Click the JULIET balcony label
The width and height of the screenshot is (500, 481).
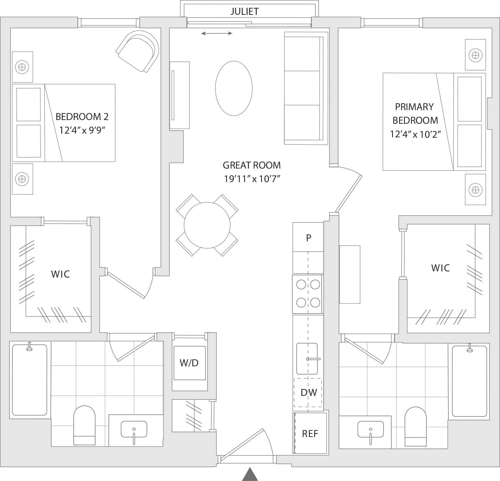pos(244,12)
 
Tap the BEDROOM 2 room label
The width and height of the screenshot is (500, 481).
pos(82,117)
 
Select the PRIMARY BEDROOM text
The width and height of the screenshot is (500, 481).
pos(415,113)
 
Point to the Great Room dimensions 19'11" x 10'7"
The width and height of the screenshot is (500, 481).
pos(252,179)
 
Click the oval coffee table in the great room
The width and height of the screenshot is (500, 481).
pos(234,88)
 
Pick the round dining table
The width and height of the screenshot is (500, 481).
pos(207,225)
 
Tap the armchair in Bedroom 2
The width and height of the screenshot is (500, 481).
pos(138,51)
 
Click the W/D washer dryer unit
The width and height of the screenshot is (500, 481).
pos(189,363)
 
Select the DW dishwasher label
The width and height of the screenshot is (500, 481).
pos(308,392)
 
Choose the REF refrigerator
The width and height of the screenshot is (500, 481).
pos(310,433)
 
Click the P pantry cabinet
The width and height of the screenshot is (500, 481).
pos(308,238)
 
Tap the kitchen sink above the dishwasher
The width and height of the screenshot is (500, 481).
pos(307,358)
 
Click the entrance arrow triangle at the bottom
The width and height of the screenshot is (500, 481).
pos(250,474)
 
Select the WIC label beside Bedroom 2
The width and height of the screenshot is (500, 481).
pos(60,274)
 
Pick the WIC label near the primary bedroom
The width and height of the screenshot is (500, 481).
pos(440,268)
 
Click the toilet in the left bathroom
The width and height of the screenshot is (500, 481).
pos(84,425)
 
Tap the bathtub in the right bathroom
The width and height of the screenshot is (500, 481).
pos(469,381)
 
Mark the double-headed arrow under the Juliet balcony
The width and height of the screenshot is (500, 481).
pos(217,34)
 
